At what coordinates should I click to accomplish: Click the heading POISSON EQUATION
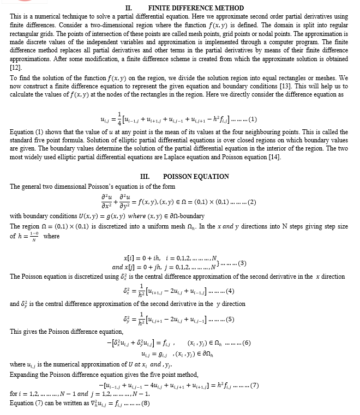pyautogui.click(x=196, y=177)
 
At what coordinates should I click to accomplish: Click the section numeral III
pyautogui.click(x=145, y=177)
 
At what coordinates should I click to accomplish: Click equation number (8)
pyautogui.click(x=145, y=404)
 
